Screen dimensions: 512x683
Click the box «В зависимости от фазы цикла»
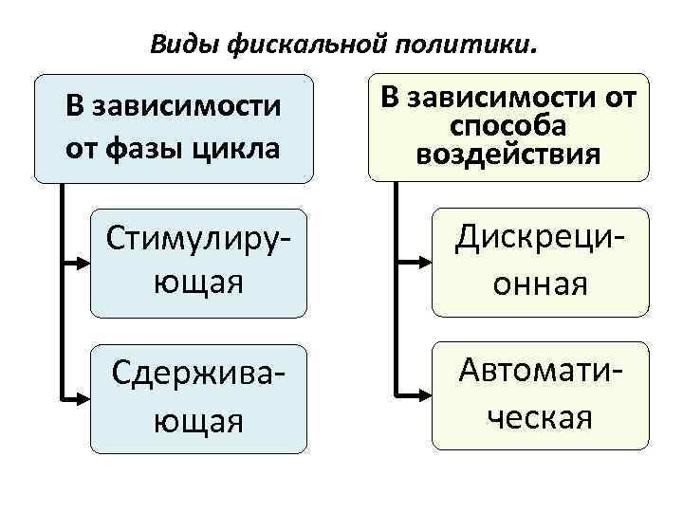click(x=174, y=128)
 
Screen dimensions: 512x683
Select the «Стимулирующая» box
click(x=198, y=263)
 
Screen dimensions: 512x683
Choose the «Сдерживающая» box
click(x=198, y=398)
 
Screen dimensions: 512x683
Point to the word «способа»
click(x=508, y=127)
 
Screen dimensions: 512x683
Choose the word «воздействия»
click(x=508, y=154)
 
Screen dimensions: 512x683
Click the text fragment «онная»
click(x=540, y=283)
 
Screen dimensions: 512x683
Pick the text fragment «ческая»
click(x=540, y=416)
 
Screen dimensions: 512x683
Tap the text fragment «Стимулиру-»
click(x=198, y=242)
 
